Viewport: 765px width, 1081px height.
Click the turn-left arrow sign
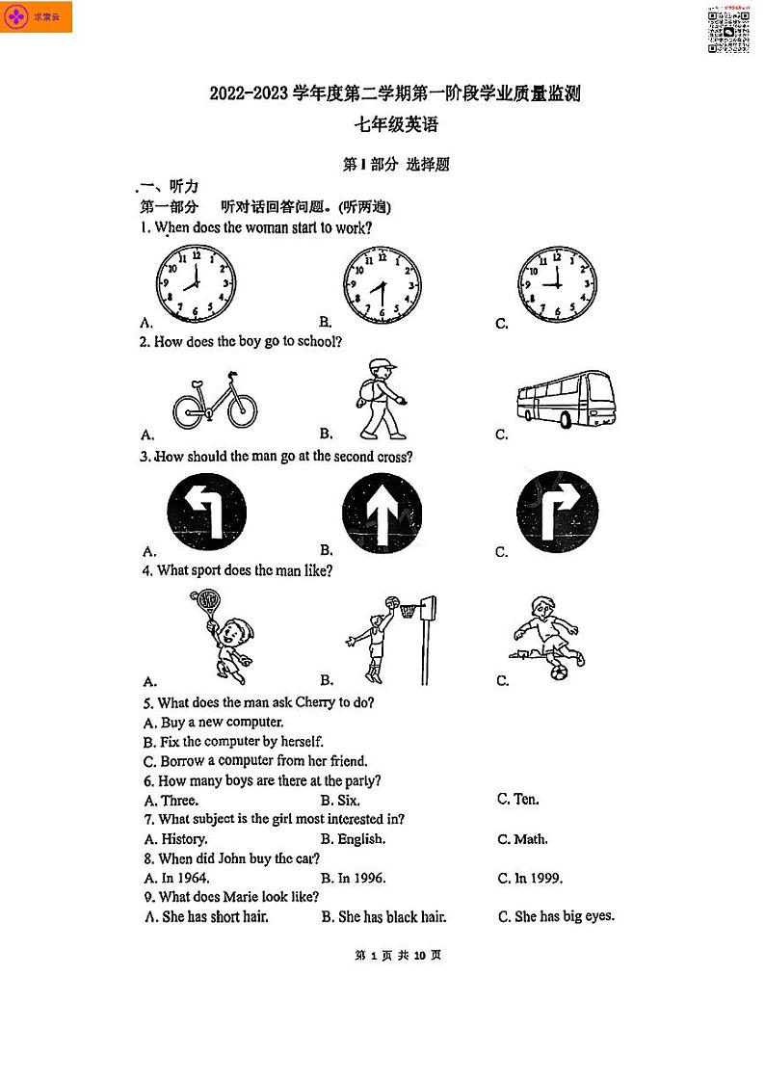click(x=206, y=511)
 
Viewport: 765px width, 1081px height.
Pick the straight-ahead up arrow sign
click(x=382, y=511)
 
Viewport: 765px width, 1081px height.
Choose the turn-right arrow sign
click(x=557, y=511)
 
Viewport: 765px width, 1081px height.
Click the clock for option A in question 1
click(x=196, y=283)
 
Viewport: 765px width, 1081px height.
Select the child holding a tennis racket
click(x=223, y=637)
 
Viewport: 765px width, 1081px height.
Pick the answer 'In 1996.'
click(x=361, y=879)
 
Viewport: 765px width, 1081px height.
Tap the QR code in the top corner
click(x=729, y=33)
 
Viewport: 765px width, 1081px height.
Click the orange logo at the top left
click(x=38, y=17)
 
